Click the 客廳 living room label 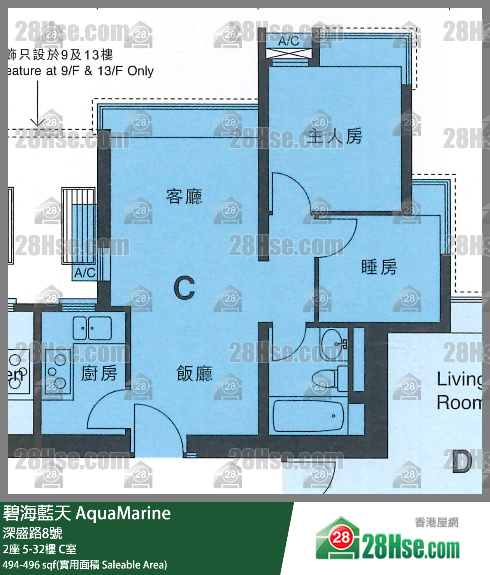[184, 197]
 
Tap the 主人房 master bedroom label [335, 136]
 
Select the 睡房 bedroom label [379, 267]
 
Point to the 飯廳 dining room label [194, 374]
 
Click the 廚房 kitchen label [99, 374]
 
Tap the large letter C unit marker [184, 288]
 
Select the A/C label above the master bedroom [288, 40]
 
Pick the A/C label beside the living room [84, 273]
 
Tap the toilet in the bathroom [325, 378]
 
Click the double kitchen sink [92, 328]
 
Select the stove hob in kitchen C [56, 372]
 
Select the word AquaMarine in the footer [123, 513]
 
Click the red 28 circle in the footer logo [341, 538]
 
